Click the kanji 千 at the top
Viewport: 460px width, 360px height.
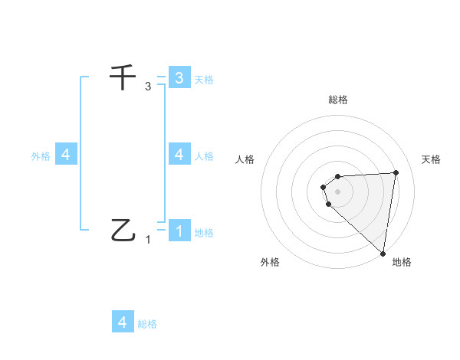(123, 78)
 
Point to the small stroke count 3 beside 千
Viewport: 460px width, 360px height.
(148, 87)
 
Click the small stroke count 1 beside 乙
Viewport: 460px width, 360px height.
(148, 240)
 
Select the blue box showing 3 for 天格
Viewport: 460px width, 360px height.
(179, 77)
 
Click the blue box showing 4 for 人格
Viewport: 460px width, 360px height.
(179, 154)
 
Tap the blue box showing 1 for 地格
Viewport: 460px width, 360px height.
(179, 231)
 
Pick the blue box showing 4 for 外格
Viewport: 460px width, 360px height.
(66, 155)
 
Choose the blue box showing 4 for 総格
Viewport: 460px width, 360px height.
(123, 322)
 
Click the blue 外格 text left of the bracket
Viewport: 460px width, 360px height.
(41, 155)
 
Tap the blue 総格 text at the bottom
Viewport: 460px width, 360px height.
(147, 324)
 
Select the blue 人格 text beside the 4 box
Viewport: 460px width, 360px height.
(204, 155)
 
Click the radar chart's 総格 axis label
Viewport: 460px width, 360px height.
(338, 100)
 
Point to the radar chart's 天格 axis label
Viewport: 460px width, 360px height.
(431, 159)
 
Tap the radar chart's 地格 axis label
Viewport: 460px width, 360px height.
(402, 262)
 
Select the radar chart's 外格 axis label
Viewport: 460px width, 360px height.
(270, 262)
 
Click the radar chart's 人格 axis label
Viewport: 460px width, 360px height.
(245, 159)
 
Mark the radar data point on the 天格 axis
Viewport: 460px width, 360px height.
(396, 172)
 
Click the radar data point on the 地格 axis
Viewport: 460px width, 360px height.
(383, 254)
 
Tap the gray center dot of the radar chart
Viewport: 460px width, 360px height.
(338, 191)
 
